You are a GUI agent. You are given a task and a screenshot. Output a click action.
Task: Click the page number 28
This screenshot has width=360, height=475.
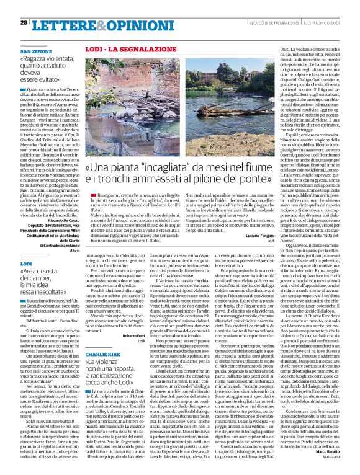[x=24, y=22]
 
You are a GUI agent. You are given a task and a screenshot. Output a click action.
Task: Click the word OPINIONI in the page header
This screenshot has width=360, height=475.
[x=117, y=24]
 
